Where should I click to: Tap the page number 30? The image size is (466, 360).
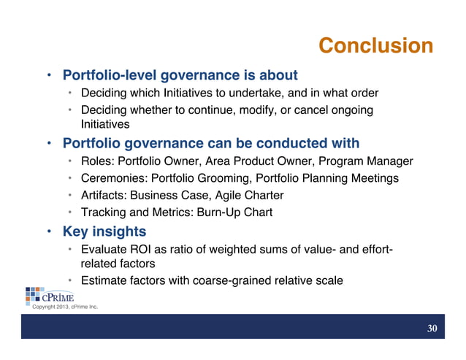tap(432, 329)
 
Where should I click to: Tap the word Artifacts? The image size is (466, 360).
tap(103, 195)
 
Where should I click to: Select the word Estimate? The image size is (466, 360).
tap(106, 280)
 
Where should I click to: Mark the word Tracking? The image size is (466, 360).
tap(104, 212)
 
